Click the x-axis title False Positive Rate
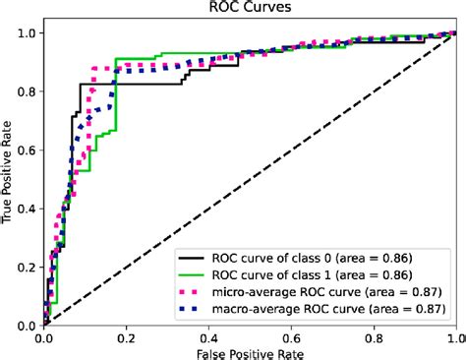point(250,351)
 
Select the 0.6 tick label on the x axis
point(291,337)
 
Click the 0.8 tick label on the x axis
point(374,337)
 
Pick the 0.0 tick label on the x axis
point(44,337)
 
